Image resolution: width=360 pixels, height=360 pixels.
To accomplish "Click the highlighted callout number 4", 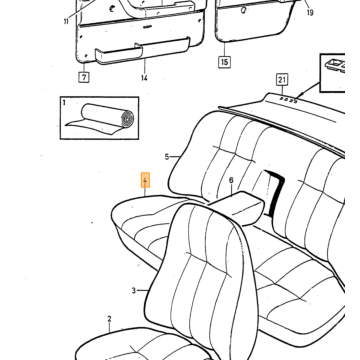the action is [145, 180].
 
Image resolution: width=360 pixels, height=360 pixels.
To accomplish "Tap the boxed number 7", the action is [84, 77].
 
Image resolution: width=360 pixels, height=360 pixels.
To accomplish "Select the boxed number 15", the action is [225, 62].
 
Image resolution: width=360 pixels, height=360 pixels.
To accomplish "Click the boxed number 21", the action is [282, 80].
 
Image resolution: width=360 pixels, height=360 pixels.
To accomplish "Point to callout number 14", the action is [144, 78].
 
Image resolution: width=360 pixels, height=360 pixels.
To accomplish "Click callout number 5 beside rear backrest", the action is [167, 157].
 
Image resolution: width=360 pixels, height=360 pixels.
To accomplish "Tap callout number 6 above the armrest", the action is [231, 180].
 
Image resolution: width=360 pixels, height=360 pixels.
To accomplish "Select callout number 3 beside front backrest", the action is [134, 291].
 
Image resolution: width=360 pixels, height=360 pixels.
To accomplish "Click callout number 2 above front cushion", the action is [109, 319].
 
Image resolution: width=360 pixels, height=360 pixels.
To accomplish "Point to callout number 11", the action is [66, 22].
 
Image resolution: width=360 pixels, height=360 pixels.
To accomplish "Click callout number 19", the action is [310, 13].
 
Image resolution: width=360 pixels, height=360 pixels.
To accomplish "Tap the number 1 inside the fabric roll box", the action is [64, 102].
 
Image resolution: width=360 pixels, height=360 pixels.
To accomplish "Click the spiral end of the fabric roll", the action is [127, 118].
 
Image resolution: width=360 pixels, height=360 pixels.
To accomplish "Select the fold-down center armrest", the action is [238, 207].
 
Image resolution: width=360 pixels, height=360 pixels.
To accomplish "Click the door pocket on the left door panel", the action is [143, 51].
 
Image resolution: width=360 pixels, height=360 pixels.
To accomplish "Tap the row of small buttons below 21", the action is [289, 99].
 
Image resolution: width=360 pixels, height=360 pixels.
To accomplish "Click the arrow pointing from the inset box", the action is [307, 90].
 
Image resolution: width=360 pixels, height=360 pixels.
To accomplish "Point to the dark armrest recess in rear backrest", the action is [275, 193].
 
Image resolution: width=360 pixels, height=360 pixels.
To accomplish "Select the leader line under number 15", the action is [224, 49].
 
